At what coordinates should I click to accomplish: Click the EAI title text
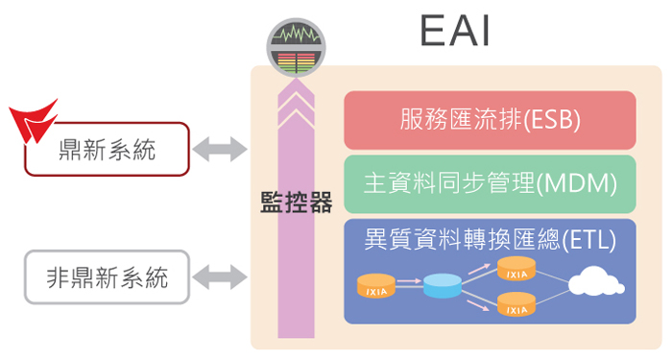coord(456,32)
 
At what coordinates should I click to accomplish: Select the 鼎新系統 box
coord(107,150)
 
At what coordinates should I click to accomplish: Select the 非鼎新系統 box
coord(107,277)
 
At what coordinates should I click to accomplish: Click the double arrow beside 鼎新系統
coord(220,149)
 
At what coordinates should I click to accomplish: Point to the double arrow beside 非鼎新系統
coord(220,277)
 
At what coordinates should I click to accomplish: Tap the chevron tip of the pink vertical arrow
coord(296,89)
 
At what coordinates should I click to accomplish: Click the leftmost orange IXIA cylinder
coord(375,285)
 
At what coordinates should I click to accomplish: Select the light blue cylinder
coord(443,285)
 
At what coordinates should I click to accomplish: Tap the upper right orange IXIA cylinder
coord(516,270)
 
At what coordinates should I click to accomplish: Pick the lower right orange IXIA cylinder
coord(516,305)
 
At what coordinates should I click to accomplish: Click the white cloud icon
coord(595,283)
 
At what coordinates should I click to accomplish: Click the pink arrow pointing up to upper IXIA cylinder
coord(479,275)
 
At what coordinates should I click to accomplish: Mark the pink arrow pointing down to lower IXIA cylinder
coord(479,299)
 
